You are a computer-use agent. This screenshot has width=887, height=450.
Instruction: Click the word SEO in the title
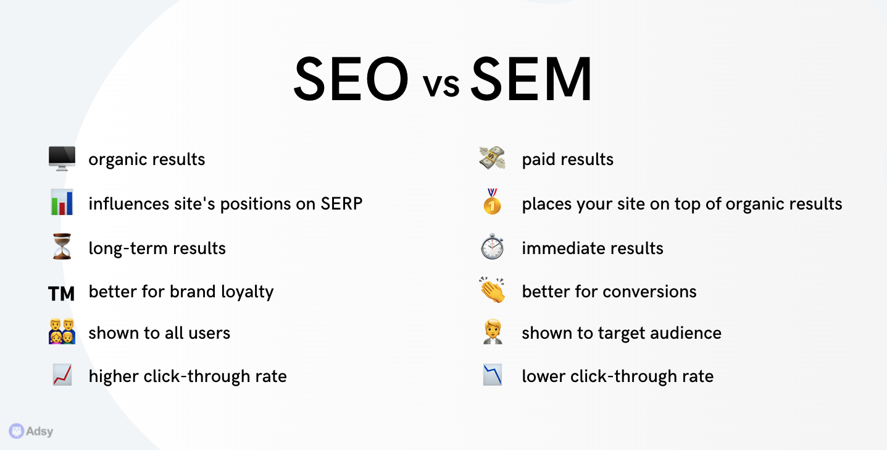[x=351, y=79]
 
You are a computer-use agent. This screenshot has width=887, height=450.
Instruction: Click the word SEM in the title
[x=531, y=79]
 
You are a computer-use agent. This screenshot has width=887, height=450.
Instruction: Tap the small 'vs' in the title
[x=441, y=85]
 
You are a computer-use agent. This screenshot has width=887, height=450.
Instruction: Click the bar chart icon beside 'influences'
[x=62, y=202]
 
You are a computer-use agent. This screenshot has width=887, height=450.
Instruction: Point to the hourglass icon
[x=62, y=247]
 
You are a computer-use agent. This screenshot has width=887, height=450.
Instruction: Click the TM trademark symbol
[x=61, y=294]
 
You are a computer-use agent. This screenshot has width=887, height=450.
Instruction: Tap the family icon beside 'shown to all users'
[x=62, y=331]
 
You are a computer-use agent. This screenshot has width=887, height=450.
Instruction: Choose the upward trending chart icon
[x=62, y=375]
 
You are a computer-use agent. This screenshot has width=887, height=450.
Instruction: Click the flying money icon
[x=492, y=158]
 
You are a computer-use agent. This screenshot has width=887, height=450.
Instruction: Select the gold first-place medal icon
[x=492, y=202]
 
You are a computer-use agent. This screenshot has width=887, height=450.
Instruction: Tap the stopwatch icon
[x=492, y=247]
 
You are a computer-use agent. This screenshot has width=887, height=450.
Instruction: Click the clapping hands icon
[x=492, y=290]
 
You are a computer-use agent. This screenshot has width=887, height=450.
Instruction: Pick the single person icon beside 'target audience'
[x=493, y=331]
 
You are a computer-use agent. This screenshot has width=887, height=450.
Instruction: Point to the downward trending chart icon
[x=492, y=375]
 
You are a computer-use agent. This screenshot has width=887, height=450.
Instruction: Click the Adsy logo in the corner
[x=31, y=431]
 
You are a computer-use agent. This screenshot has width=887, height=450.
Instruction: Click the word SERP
[x=341, y=204]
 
